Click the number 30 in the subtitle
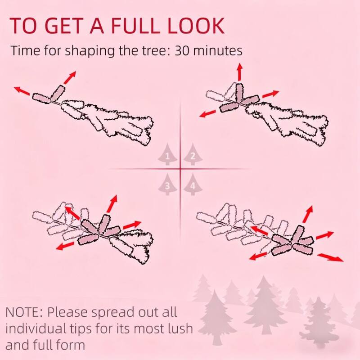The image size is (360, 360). [184, 50]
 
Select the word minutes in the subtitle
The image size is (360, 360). [219, 50]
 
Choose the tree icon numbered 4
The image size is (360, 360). [193, 184]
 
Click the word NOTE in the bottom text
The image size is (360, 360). [25, 312]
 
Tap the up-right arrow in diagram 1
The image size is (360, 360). [69, 78]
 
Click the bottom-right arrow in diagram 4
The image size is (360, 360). [331, 257]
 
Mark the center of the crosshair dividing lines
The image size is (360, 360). [180, 169]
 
